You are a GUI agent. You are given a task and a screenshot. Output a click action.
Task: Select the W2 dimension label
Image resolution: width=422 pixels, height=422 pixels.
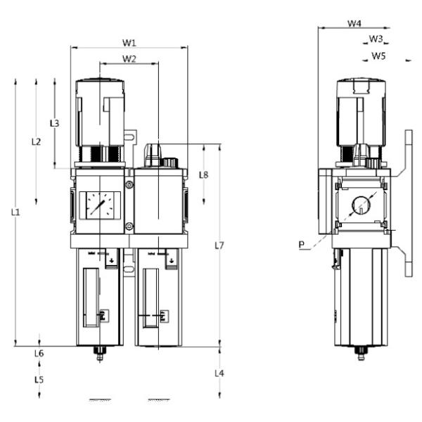point(129,58)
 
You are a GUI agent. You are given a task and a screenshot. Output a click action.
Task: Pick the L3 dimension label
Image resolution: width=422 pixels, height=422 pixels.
point(54,123)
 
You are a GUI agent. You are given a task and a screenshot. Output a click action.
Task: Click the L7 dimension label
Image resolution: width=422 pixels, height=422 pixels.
point(219,245)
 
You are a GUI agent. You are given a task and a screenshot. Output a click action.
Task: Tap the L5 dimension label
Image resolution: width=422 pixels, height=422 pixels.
point(39,379)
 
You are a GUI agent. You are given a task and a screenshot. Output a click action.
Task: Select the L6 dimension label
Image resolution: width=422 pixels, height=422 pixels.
point(39,353)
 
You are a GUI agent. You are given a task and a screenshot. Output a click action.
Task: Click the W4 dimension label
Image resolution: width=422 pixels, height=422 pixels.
point(356,23)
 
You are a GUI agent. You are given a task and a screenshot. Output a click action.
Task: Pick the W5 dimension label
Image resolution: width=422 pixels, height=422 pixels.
point(379,54)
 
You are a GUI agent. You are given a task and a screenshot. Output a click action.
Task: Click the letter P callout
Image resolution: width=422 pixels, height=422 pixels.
point(301,245)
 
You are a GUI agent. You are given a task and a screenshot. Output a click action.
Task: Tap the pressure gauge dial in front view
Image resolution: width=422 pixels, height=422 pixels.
point(98,205)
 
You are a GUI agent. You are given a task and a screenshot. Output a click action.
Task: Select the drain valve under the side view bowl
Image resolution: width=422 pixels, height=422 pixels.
point(361,352)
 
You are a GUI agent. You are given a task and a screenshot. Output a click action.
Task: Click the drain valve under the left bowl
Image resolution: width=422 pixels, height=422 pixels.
point(99,354)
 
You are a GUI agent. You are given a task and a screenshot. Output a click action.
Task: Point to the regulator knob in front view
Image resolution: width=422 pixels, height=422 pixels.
point(101,113)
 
